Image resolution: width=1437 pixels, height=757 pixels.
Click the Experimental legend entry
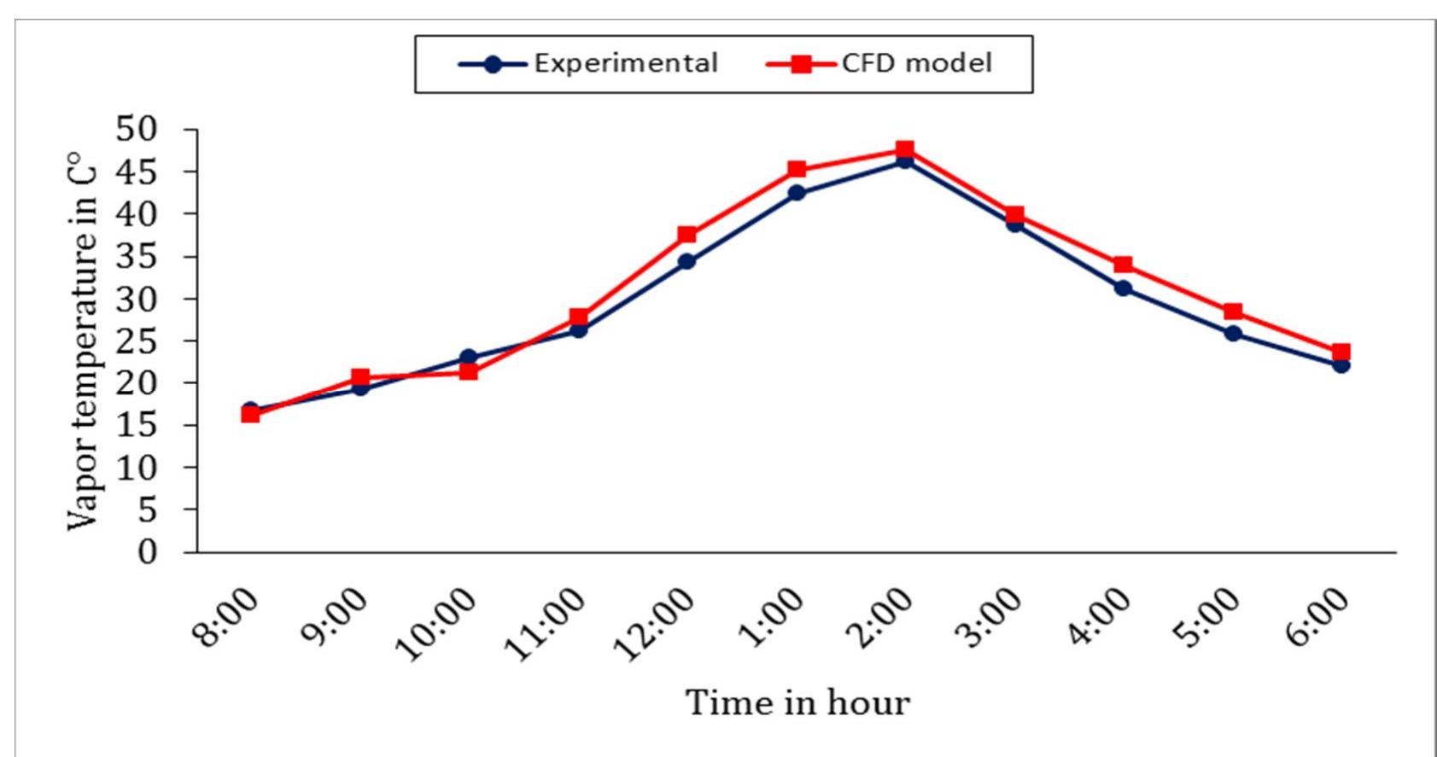(589, 64)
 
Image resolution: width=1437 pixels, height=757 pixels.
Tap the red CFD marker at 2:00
(905, 150)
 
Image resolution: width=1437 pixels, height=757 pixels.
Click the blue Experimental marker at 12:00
(686, 261)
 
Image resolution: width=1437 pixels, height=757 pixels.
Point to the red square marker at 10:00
(468, 371)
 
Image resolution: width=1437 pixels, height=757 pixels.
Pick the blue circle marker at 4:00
(1123, 288)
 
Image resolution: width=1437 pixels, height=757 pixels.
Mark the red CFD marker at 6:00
(1341, 352)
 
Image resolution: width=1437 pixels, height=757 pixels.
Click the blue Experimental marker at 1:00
(796, 193)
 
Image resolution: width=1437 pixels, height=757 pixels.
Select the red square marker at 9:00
(359, 377)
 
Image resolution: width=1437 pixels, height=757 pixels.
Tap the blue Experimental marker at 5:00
(1232, 334)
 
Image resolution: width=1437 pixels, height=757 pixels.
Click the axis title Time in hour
(797, 703)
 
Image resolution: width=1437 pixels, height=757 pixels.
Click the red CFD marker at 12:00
(687, 235)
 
